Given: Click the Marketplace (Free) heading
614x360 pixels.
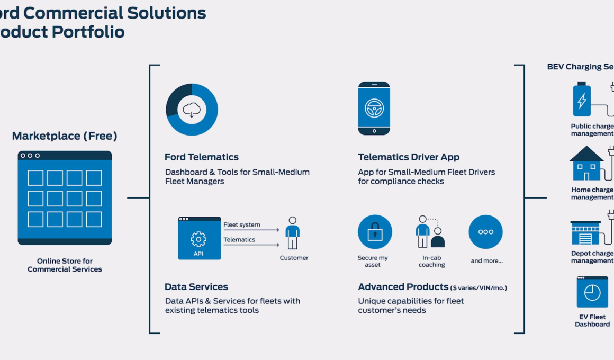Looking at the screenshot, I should point(65,136).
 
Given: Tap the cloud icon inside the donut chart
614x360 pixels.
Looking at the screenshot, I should point(192,110).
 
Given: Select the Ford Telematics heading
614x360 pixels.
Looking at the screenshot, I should point(202,157).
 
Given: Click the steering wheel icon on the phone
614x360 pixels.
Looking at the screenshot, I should point(374,108).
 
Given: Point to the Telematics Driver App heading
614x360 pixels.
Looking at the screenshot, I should point(409,157).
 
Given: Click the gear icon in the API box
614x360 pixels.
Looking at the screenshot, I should point(198,239).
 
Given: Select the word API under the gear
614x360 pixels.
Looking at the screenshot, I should point(198,254).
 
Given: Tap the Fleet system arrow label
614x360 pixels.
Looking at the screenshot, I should point(241,224).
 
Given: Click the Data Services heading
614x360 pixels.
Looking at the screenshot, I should point(196,287).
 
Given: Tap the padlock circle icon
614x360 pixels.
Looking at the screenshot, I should point(375,232).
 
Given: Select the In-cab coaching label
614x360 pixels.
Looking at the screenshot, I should point(432,261).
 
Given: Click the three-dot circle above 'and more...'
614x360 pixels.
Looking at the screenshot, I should point(485,232).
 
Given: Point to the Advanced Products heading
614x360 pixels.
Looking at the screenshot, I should point(403,287).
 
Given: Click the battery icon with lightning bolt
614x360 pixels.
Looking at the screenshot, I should point(582,100).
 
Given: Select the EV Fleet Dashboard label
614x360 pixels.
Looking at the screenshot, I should point(592,320).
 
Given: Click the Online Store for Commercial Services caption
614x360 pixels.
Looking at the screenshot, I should point(65,265).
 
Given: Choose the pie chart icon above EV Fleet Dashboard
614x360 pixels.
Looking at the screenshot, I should point(592,292).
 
